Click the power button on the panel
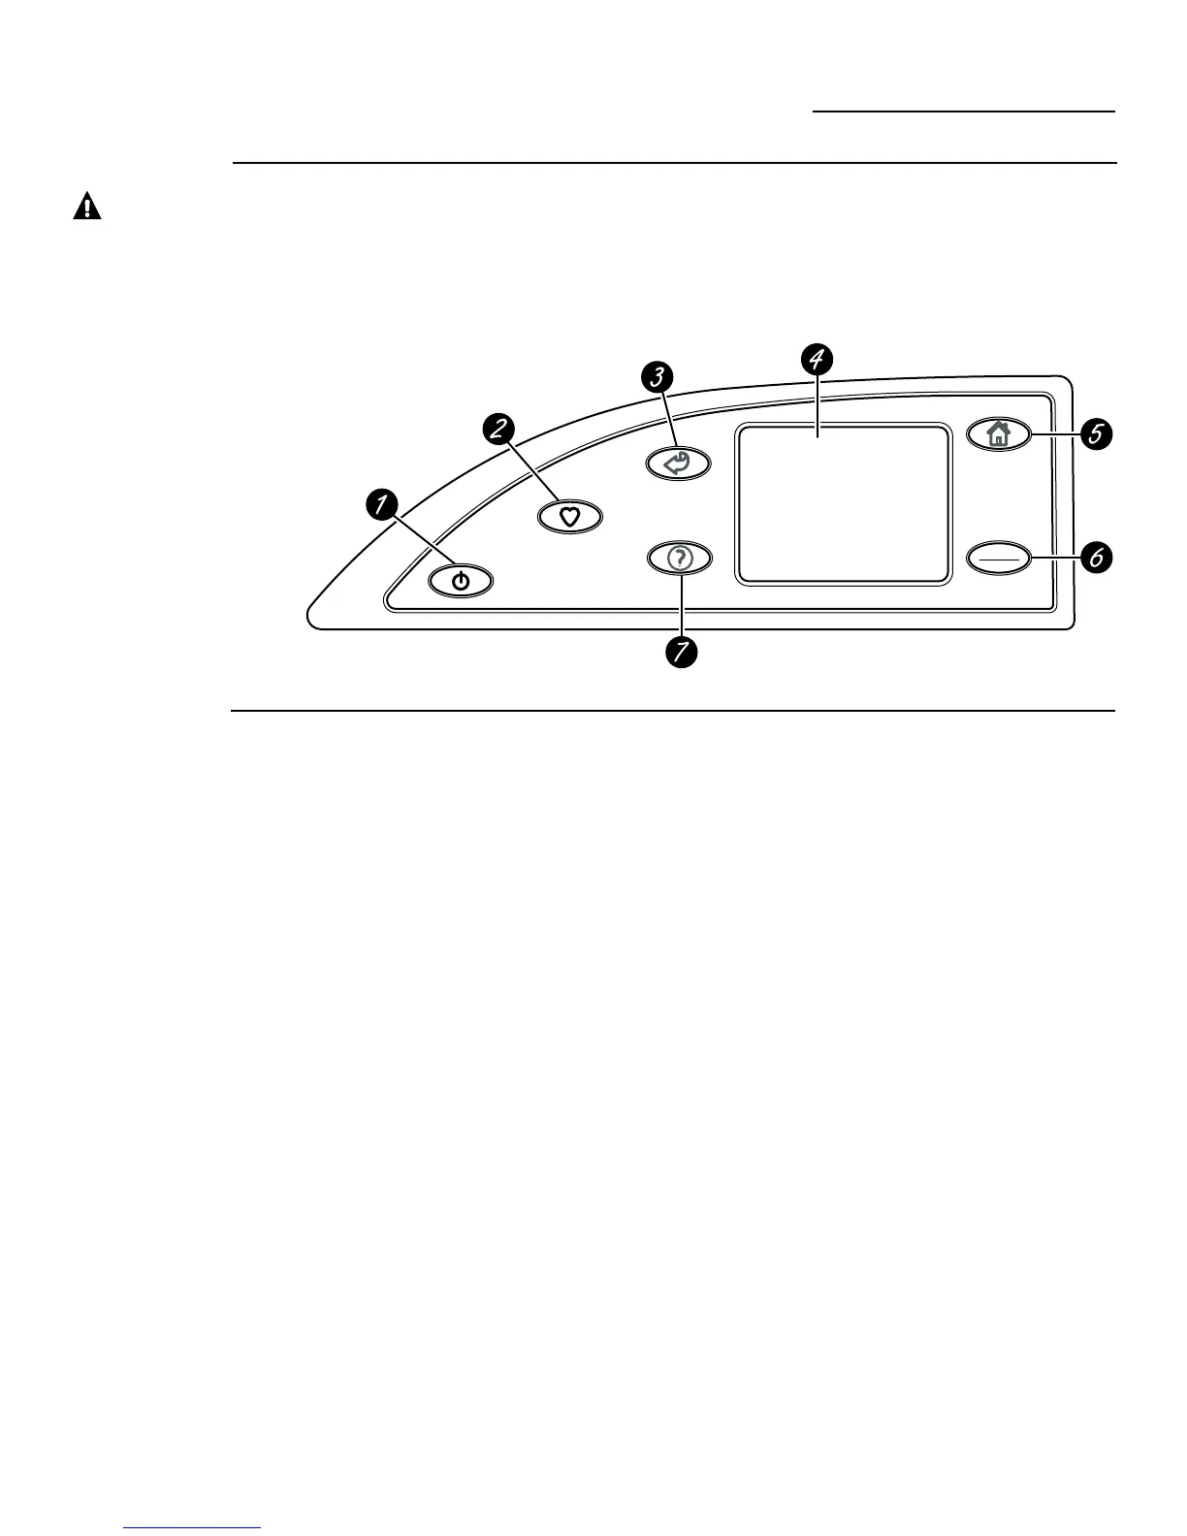pos(461,582)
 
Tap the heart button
pos(570,518)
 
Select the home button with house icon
pos(999,435)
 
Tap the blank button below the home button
pos(999,559)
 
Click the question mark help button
pos(679,559)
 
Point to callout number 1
pos(381,503)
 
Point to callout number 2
pos(498,428)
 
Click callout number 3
pos(658,376)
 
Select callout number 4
pos(817,359)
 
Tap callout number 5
pos(1096,434)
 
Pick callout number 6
pos(1096,558)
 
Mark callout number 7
pos(681,651)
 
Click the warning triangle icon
pos(87,207)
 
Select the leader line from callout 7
pos(680,606)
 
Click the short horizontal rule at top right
pos(963,112)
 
